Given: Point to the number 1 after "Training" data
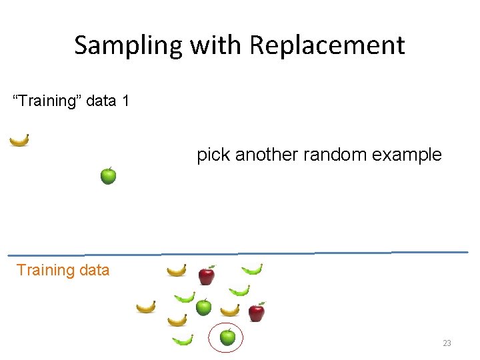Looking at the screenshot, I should [125, 101].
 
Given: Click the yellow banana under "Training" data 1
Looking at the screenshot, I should [19, 140].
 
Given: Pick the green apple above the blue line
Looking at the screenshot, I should [108, 176].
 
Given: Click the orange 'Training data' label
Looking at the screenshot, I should [63, 270].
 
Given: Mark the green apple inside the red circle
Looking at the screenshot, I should [227, 337].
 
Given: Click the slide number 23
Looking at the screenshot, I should [447, 343].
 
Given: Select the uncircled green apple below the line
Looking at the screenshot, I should [204, 307].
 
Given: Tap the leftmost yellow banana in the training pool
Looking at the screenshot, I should [146, 307].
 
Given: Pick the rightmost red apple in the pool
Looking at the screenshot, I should [256, 311].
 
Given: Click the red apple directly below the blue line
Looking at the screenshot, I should [207, 275].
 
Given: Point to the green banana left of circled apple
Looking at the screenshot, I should [182, 340].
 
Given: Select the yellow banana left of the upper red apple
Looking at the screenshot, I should [177, 270].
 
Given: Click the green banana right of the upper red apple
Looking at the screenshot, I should [252, 269].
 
